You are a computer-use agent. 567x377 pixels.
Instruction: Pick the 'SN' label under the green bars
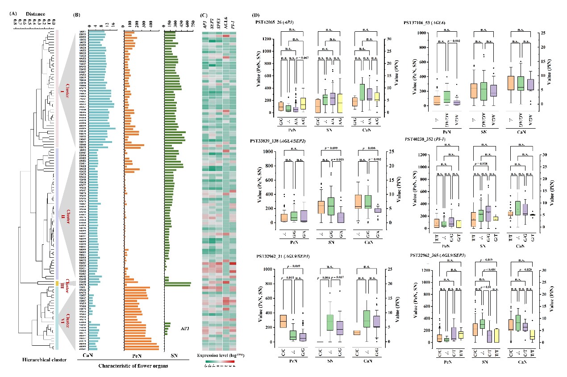175,356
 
